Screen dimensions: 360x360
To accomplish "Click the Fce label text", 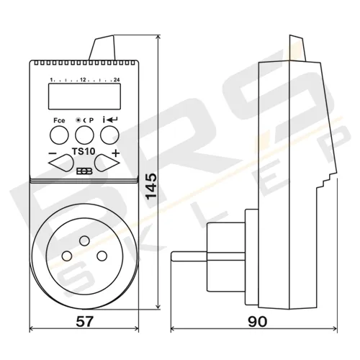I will [58, 120].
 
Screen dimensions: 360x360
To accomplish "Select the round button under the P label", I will [84, 134].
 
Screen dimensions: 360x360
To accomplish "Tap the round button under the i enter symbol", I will [109, 134].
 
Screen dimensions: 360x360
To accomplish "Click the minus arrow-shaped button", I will [60, 163].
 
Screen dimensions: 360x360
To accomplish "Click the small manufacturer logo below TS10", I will [81, 172].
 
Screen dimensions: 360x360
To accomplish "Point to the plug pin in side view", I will [192, 256].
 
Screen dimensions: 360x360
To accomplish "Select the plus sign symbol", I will [116, 153].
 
